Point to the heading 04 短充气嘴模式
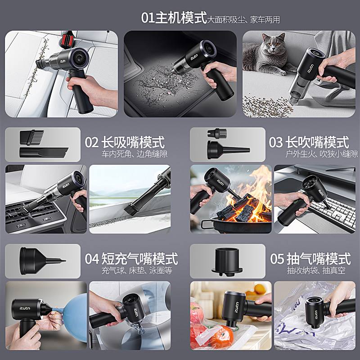click(x=131, y=259)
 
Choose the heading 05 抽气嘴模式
click(x=310, y=259)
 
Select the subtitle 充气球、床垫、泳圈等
click(x=136, y=271)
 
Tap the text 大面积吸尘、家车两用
click(x=243, y=20)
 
